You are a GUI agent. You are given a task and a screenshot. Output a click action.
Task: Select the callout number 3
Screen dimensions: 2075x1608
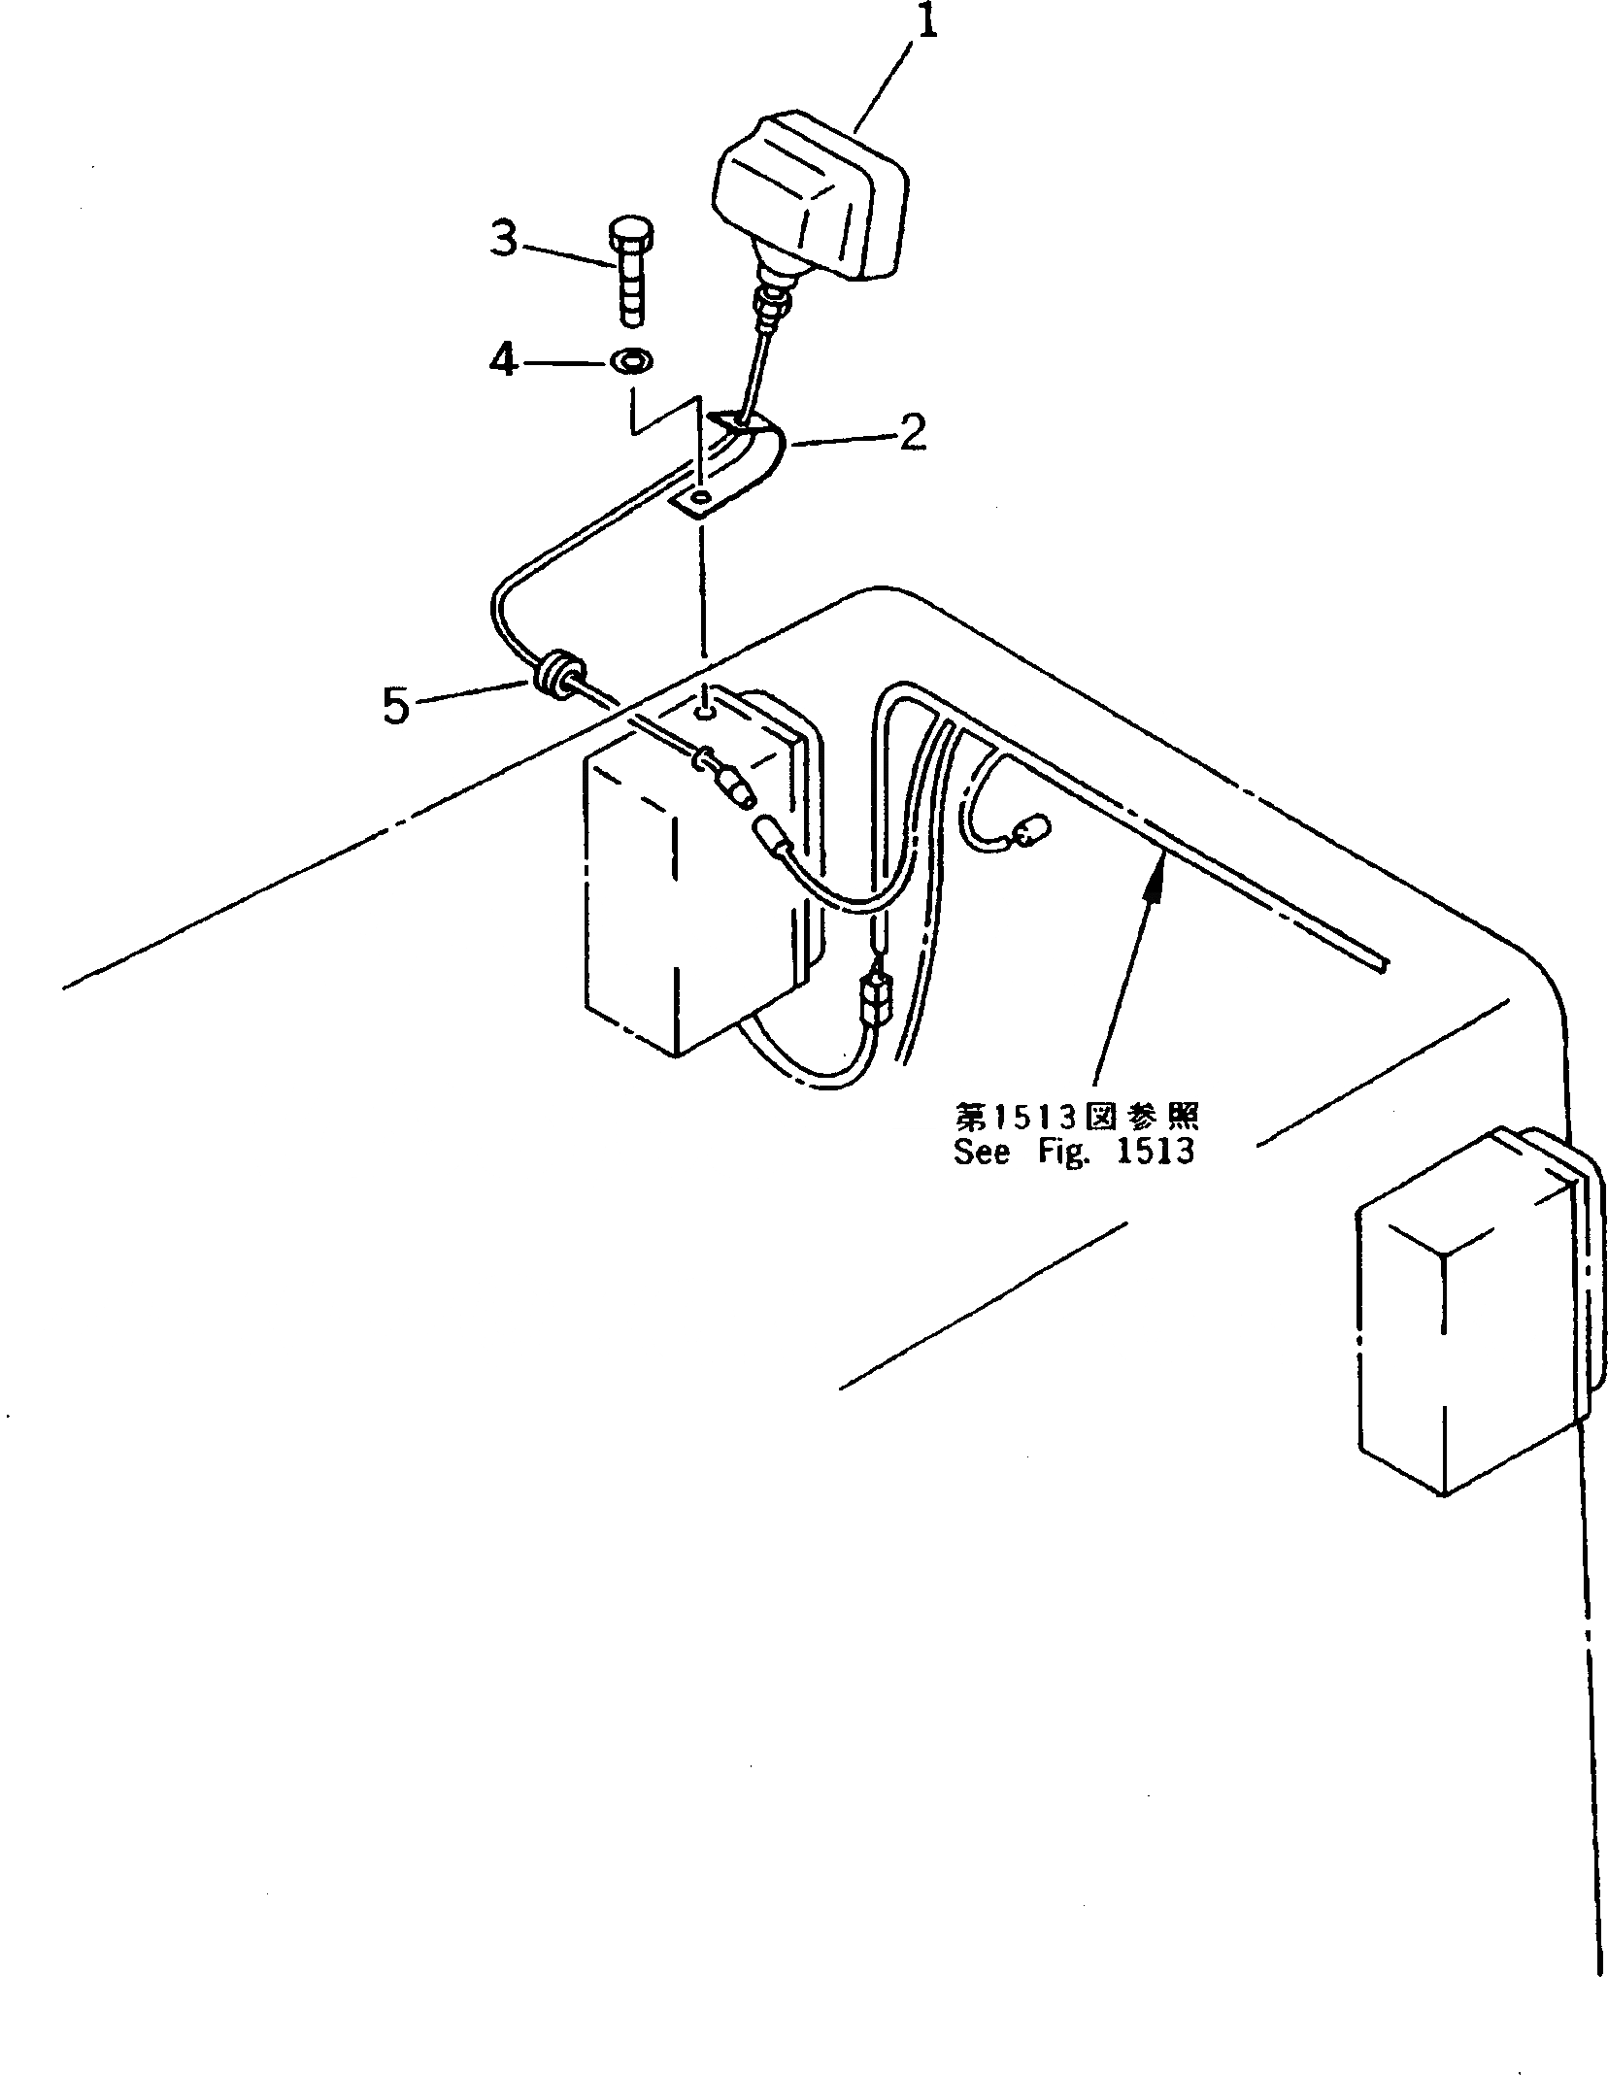coord(503,239)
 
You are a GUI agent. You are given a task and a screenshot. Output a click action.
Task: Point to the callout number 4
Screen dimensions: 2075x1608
coord(502,363)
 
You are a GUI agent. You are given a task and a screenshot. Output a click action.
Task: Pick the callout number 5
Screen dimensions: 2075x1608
coord(396,706)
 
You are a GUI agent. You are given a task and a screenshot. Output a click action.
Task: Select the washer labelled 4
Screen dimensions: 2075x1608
coord(631,362)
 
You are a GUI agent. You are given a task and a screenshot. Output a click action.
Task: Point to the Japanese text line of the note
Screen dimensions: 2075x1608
coord(1076,1118)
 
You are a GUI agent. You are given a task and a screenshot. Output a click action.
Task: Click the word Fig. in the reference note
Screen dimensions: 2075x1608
coord(1060,1153)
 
